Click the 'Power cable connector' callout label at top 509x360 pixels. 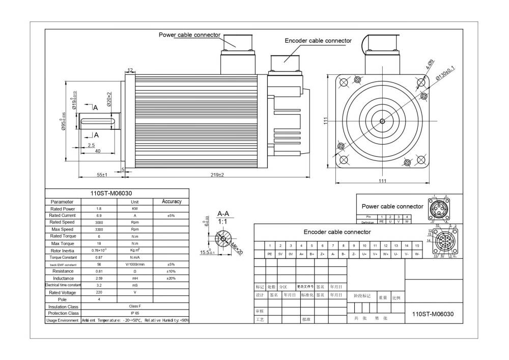(x=189, y=35)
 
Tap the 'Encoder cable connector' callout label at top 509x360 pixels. (x=318, y=41)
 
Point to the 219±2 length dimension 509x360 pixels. (x=217, y=175)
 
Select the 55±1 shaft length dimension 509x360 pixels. (x=102, y=175)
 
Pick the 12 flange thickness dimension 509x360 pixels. (x=130, y=71)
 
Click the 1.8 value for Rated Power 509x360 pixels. (x=99, y=209)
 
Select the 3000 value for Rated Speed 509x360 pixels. (x=99, y=223)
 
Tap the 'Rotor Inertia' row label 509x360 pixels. (x=63, y=251)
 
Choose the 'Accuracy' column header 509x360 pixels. (x=172, y=202)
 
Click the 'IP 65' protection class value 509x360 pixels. (x=135, y=313)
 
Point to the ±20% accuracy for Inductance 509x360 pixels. (x=172, y=279)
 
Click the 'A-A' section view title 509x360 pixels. (x=222, y=214)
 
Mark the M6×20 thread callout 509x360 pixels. (x=237, y=249)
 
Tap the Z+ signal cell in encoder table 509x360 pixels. (x=322, y=254)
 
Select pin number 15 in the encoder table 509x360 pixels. (x=417, y=246)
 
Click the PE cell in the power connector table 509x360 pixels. (x=381, y=221)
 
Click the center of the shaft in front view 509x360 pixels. (x=382, y=121)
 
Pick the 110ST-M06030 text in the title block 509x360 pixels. (x=433, y=314)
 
